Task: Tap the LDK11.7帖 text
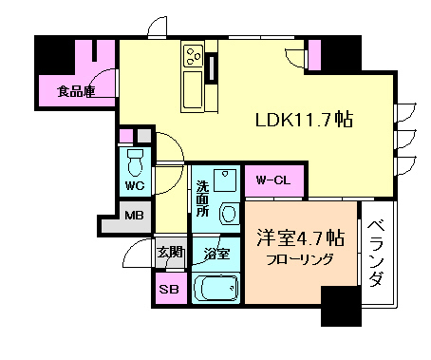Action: click(304, 120)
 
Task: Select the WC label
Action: click(134, 185)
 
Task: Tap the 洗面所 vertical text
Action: click(202, 199)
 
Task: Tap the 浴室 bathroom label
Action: click(216, 254)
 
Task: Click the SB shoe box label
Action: click(169, 289)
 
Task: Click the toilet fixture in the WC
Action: click(134, 158)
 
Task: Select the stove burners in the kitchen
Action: click(193, 58)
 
